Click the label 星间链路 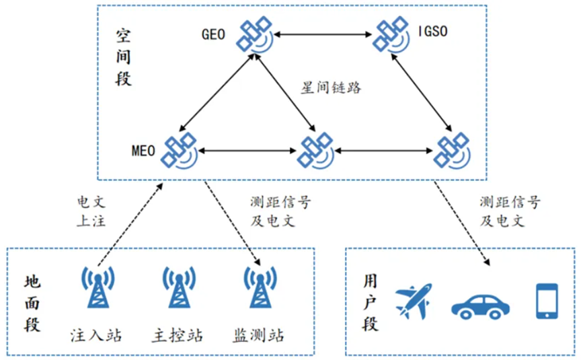coord(330,87)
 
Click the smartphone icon coord(547,300)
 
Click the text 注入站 coord(96,334)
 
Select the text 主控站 coord(178,334)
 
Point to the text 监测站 coord(259,334)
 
